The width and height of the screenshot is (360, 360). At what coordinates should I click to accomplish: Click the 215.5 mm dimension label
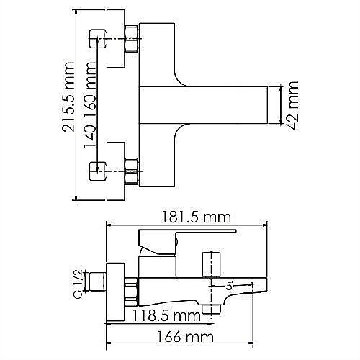coord(67,96)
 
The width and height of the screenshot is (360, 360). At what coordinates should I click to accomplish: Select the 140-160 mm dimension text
coord(89,105)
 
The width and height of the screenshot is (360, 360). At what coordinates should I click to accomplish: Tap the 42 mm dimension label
coord(293,106)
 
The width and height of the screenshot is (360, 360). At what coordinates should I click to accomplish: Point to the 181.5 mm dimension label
coord(196,217)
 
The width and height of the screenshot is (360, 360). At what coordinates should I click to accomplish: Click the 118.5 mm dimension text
coord(166,315)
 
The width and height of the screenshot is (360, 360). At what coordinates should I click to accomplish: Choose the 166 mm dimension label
coord(185,336)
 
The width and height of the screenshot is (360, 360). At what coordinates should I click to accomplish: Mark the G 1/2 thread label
coord(78,284)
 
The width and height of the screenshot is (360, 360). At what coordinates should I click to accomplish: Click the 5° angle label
coord(229,286)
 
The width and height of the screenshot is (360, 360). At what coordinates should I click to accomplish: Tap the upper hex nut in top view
coord(132,38)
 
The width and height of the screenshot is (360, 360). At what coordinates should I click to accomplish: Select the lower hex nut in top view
coord(132,171)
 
